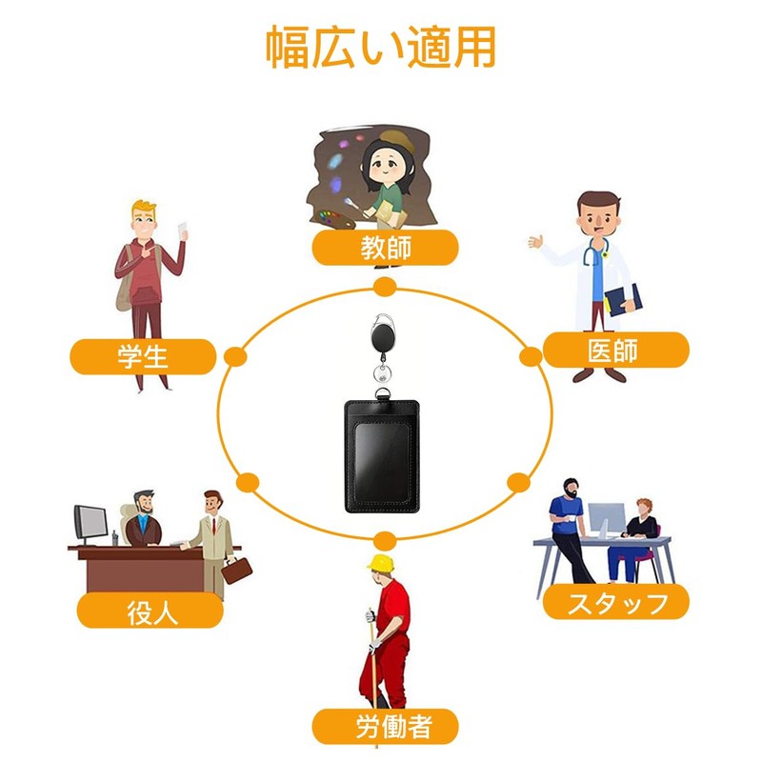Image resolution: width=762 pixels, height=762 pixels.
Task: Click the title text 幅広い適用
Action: coord(380,47)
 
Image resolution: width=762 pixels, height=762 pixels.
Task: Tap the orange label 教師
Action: coord(386,248)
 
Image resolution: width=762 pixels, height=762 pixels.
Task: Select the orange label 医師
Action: coord(615,350)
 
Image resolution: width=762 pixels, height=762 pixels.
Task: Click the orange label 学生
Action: coord(144,356)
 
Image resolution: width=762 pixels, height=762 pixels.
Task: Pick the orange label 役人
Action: coord(150,610)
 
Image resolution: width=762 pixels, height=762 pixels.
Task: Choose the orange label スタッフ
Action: coord(615,602)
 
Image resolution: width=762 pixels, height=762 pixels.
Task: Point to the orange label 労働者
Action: coord(386,727)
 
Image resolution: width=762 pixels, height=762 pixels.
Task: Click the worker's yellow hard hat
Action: coord(381,563)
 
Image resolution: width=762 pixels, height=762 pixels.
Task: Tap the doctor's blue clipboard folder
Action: coord(624,299)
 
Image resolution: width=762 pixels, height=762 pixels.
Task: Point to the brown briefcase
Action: coord(236,571)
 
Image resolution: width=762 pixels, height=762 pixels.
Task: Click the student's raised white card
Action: coord(183,231)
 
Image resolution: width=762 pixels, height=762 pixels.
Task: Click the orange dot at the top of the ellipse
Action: coord(385,288)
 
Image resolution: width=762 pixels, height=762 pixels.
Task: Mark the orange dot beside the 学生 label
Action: coord(235,357)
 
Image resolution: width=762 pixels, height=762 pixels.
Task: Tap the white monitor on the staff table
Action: coord(607,519)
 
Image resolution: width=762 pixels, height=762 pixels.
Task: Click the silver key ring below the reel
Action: coord(382,373)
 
